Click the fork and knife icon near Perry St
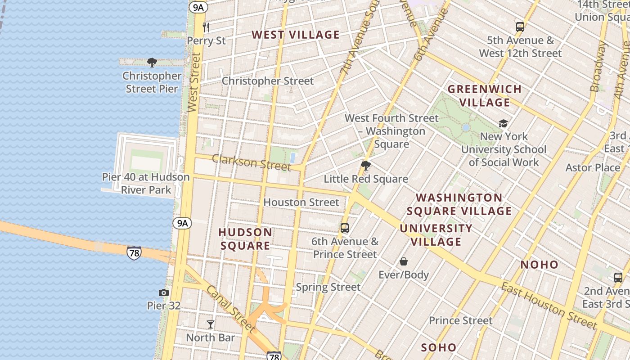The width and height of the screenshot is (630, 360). click(x=206, y=27)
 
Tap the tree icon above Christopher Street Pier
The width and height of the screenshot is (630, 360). click(x=152, y=63)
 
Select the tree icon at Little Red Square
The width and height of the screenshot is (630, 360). click(x=366, y=166)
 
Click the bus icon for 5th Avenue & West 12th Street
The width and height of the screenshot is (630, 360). click(x=520, y=27)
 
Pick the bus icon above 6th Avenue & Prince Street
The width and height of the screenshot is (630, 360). click(x=345, y=228)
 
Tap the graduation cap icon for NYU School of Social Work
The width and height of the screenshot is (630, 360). click(x=503, y=123)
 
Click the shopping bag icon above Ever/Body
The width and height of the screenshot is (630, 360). click(x=404, y=261)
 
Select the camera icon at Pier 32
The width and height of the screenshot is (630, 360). click(x=164, y=293)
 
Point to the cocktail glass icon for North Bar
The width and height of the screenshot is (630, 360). click(x=210, y=324)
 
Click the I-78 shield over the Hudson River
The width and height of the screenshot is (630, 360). click(x=134, y=252)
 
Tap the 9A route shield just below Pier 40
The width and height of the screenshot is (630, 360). click(x=182, y=223)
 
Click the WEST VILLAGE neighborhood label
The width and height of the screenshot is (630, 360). click(x=296, y=35)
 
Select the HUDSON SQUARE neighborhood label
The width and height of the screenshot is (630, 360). click(x=245, y=239)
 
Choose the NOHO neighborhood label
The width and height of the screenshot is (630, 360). click(x=540, y=265)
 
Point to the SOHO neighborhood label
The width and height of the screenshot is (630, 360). click(x=439, y=347)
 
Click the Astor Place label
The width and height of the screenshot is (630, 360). click(x=593, y=168)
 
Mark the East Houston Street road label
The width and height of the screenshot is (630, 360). click(x=549, y=306)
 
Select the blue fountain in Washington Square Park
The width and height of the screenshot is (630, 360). click(x=466, y=128)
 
